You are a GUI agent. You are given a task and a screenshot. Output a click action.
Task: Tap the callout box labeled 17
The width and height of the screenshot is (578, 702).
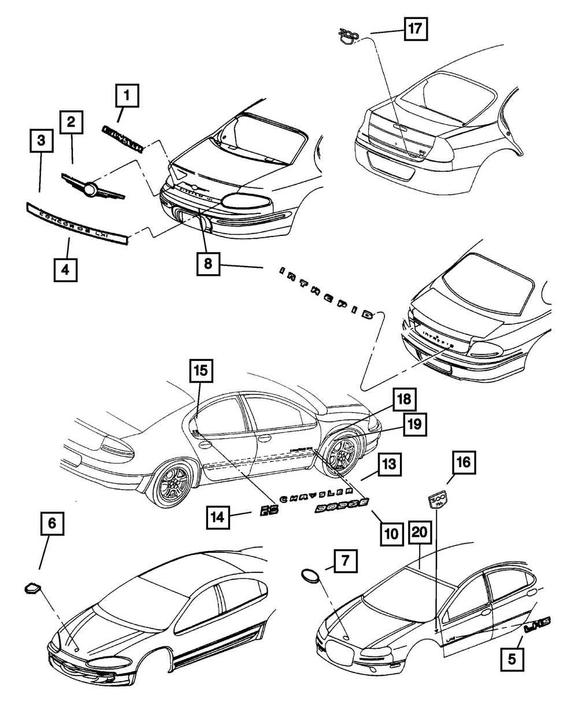pyautogui.click(x=415, y=28)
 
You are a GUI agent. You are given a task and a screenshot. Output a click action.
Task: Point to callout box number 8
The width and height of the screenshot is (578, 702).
pyautogui.click(x=208, y=265)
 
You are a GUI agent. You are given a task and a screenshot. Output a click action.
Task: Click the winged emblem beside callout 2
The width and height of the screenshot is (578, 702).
pyautogui.click(x=92, y=189)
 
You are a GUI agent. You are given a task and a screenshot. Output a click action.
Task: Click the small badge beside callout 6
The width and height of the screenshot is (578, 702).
pyautogui.click(x=32, y=589)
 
